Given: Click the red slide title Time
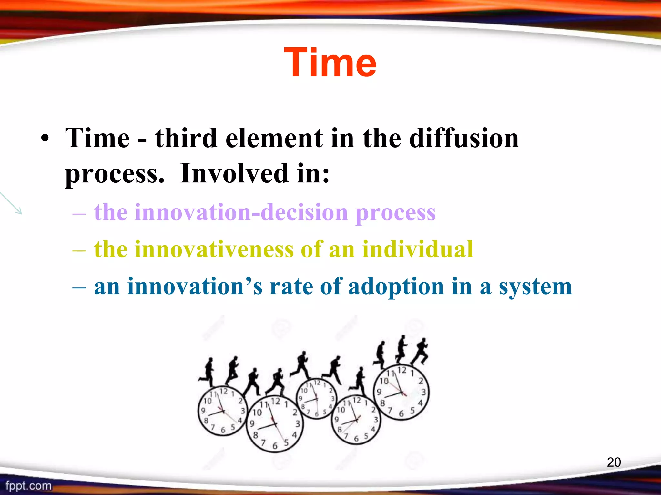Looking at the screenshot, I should (x=330, y=62).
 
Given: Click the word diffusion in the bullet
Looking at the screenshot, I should (x=463, y=138).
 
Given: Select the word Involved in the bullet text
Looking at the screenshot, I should (x=234, y=173).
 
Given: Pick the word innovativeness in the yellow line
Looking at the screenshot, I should (x=193, y=249).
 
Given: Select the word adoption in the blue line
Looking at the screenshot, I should (x=396, y=286).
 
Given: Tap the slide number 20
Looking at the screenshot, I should (x=614, y=462).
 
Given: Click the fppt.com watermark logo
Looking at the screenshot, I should (x=28, y=486).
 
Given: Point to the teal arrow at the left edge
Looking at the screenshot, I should (x=11, y=203).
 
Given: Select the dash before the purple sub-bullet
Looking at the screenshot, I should (x=79, y=213).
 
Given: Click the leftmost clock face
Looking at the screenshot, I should (x=222, y=411).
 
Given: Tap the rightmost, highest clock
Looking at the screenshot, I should (x=401, y=392).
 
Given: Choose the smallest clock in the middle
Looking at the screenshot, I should (x=316, y=399).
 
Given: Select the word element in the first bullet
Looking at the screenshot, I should (x=274, y=138).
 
